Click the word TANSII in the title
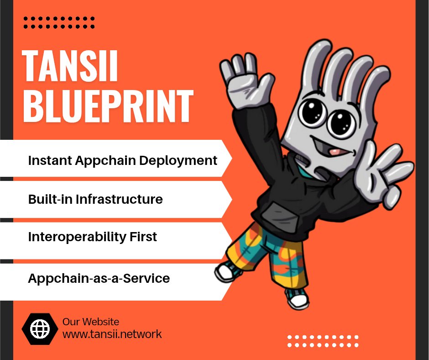click(x=69, y=66)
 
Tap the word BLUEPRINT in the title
click(x=108, y=106)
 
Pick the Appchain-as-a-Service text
click(x=99, y=278)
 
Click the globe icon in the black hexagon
click(x=39, y=328)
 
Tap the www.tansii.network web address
click(x=112, y=334)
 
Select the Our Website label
click(x=91, y=322)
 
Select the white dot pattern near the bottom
click(x=323, y=341)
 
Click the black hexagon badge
click(x=39, y=328)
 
